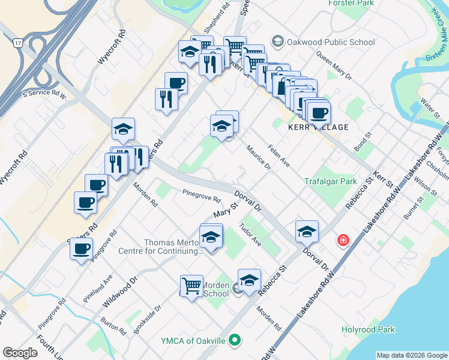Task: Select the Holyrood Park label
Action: click(368, 329)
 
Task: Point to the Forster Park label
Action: click(352, 3)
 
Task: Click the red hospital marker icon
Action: click(343, 241)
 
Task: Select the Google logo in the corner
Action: click(20, 353)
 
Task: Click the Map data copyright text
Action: click(411, 355)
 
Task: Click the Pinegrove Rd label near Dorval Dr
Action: click(202, 196)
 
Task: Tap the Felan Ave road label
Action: click(279, 157)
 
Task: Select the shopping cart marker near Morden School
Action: click(191, 286)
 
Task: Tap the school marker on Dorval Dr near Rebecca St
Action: click(307, 231)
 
